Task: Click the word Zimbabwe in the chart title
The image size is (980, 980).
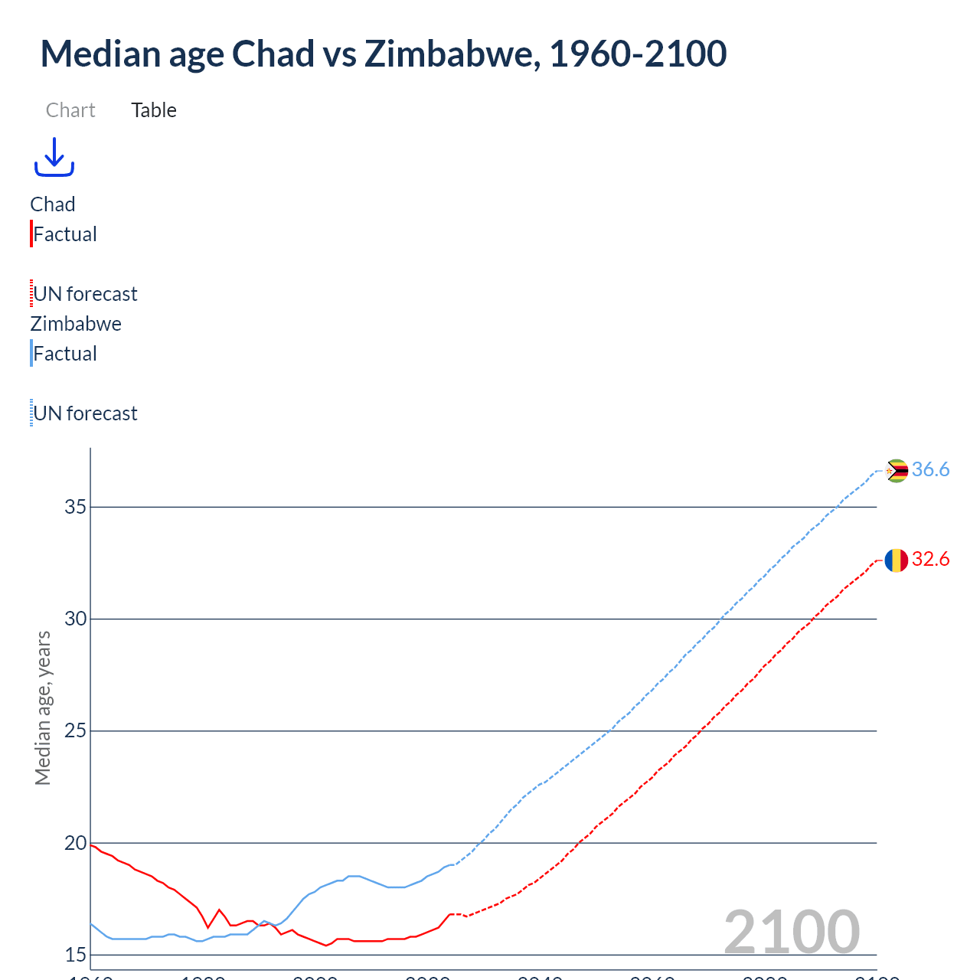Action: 452,54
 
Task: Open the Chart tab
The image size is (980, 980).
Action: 70,110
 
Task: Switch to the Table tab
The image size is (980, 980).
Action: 154,110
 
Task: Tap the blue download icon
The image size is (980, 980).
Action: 54,157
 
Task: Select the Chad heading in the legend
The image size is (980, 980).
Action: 53,204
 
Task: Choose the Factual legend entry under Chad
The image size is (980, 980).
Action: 65,234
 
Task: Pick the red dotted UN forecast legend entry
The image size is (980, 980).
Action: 85,294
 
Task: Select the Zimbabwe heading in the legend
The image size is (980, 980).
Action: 76,324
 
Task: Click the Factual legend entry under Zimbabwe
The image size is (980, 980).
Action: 65,354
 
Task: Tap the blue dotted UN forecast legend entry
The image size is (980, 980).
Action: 85,413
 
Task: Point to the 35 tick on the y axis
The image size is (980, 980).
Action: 75,507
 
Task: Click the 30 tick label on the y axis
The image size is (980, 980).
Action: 75,619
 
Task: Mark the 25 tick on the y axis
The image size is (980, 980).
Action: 75,731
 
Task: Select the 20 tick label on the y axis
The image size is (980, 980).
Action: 75,843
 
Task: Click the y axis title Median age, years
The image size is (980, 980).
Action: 43,707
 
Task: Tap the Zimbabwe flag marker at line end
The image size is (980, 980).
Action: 896,471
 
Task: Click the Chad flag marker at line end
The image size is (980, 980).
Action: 896,560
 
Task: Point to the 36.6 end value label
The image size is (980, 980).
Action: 930,469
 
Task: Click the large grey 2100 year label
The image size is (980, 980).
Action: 792,932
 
